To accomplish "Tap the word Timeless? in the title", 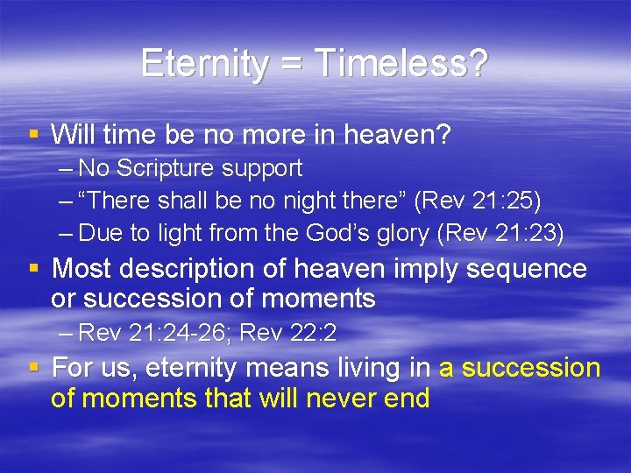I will click(401, 63).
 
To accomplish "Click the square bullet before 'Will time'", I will click(33, 135).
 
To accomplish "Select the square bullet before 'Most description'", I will click(33, 268).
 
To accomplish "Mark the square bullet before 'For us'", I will click(33, 368).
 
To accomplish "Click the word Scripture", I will click(164, 168).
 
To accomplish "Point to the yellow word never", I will click(334, 399).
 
